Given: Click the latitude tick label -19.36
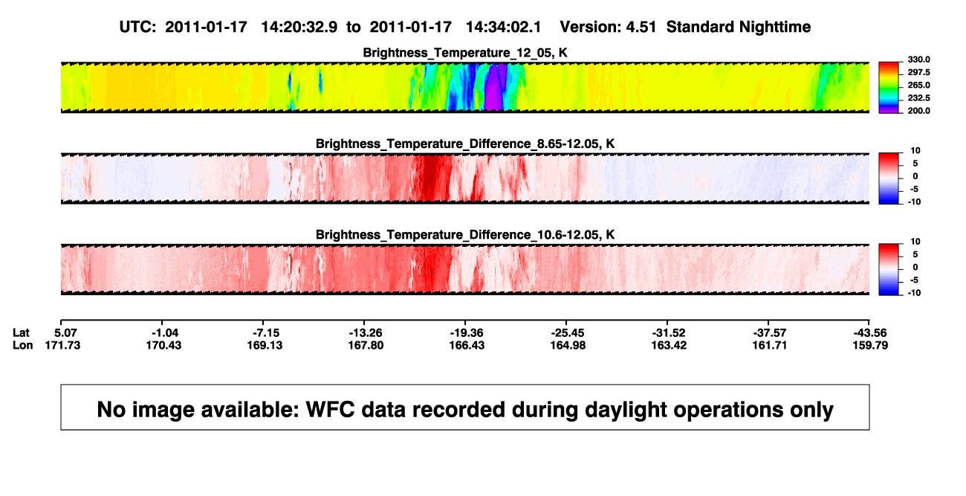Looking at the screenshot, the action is click(x=466, y=333).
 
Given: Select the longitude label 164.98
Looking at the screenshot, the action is click(x=568, y=345).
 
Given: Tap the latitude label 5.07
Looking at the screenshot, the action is click(x=65, y=333).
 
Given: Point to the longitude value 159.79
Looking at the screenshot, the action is click(x=870, y=345).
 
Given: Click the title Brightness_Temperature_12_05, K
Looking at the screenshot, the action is click(x=465, y=53).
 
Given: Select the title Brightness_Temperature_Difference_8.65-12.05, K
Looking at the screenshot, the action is click(x=465, y=144).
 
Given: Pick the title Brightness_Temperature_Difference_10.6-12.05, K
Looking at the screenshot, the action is click(x=465, y=235).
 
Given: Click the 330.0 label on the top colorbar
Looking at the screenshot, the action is click(x=918, y=59).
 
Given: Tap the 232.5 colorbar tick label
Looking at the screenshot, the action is click(x=918, y=98).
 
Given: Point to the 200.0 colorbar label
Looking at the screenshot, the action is click(x=918, y=111).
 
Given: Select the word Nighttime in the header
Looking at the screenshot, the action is click(x=774, y=27).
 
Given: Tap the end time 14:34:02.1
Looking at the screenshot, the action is click(x=503, y=27).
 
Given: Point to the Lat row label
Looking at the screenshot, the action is click(x=21, y=333).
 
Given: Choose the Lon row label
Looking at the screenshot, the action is click(x=22, y=345).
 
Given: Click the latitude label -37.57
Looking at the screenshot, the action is click(x=770, y=333).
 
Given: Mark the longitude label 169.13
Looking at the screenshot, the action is click(x=265, y=345).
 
